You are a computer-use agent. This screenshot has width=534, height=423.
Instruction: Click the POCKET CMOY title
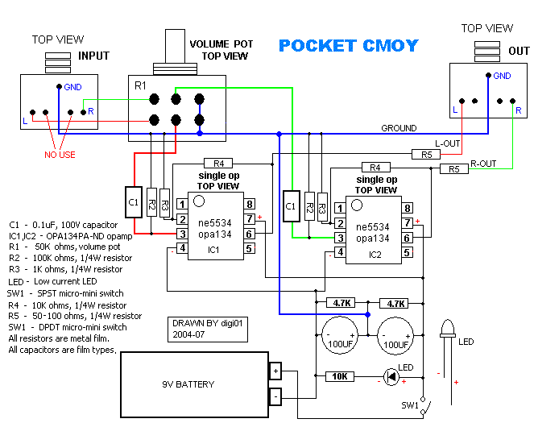click(x=348, y=46)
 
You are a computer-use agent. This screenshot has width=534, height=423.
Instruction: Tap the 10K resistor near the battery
click(x=339, y=376)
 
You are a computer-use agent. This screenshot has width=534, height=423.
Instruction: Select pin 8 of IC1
click(x=250, y=205)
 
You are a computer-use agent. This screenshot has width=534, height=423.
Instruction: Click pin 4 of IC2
click(x=341, y=252)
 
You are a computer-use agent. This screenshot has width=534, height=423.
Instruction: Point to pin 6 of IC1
click(x=250, y=233)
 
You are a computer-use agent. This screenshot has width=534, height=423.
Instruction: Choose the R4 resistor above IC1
click(x=218, y=164)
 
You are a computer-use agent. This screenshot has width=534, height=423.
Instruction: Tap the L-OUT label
click(x=449, y=143)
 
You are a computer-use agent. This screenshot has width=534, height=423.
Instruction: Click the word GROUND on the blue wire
click(x=399, y=128)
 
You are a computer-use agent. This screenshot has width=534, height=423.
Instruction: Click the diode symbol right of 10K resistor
click(x=391, y=376)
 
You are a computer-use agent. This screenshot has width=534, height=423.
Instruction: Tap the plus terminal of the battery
click(x=275, y=371)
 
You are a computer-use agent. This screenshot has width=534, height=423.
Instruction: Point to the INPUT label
click(x=93, y=56)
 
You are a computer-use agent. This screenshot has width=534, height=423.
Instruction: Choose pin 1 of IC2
click(x=341, y=209)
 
